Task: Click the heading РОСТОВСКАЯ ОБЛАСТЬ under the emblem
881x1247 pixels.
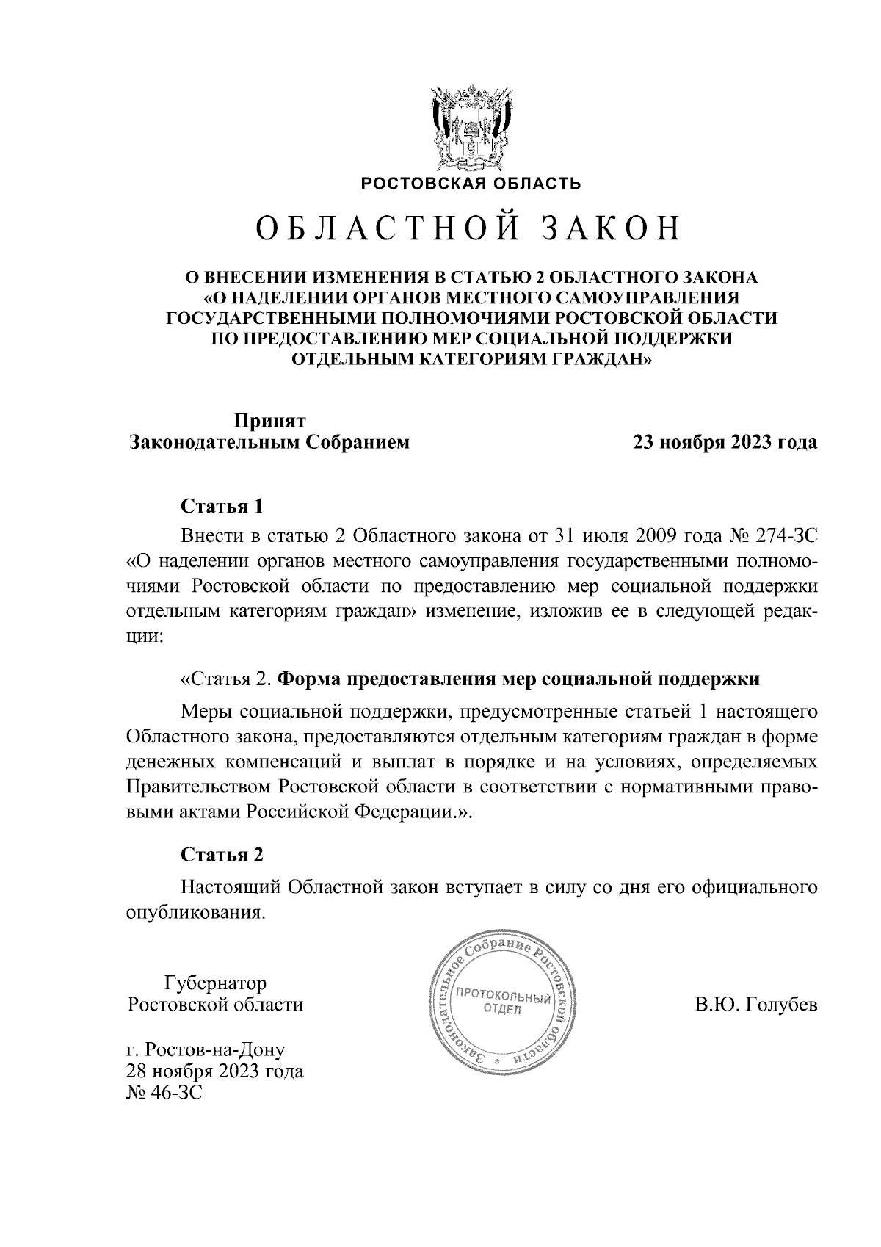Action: [470, 184]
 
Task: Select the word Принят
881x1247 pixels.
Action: [269, 420]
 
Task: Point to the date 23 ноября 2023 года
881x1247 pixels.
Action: [725, 443]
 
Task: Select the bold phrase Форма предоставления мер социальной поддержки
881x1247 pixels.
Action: [521, 679]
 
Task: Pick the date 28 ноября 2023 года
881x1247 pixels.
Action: [215, 1071]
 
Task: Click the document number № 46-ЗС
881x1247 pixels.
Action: [164, 1093]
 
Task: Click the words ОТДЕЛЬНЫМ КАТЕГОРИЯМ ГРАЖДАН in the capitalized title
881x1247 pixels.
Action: [471, 359]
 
